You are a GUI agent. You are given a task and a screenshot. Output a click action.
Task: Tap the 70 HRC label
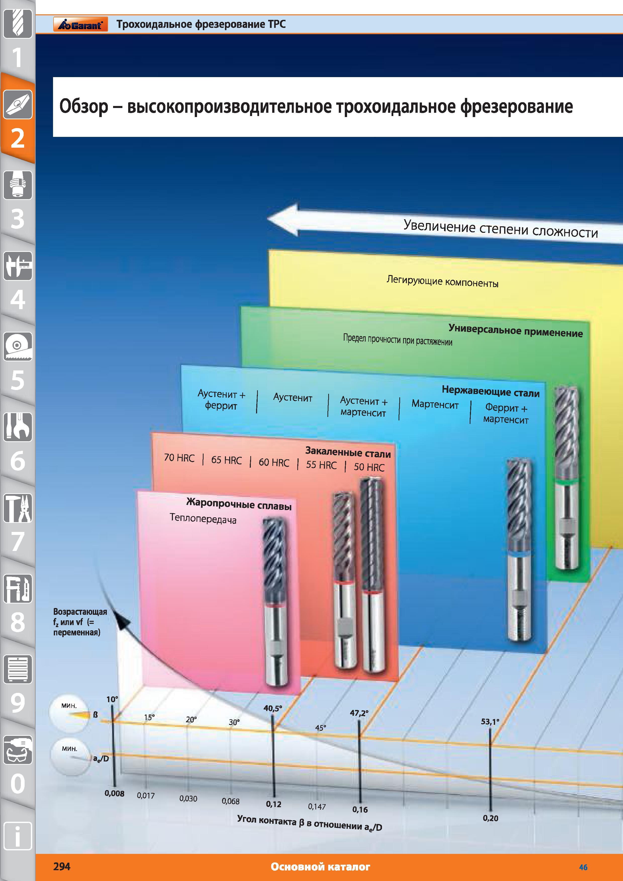tap(179, 458)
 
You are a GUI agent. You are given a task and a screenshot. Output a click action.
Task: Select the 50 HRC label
tap(369, 467)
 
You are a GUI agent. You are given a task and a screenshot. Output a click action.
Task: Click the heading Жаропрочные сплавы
tap(239, 504)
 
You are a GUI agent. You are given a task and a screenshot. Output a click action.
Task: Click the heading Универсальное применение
tap(515, 331)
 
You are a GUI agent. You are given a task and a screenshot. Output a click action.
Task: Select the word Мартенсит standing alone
tap(435, 404)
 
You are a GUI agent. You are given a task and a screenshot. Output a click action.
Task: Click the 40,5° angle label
tap(272, 708)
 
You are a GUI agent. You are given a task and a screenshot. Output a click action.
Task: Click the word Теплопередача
tap(203, 519)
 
